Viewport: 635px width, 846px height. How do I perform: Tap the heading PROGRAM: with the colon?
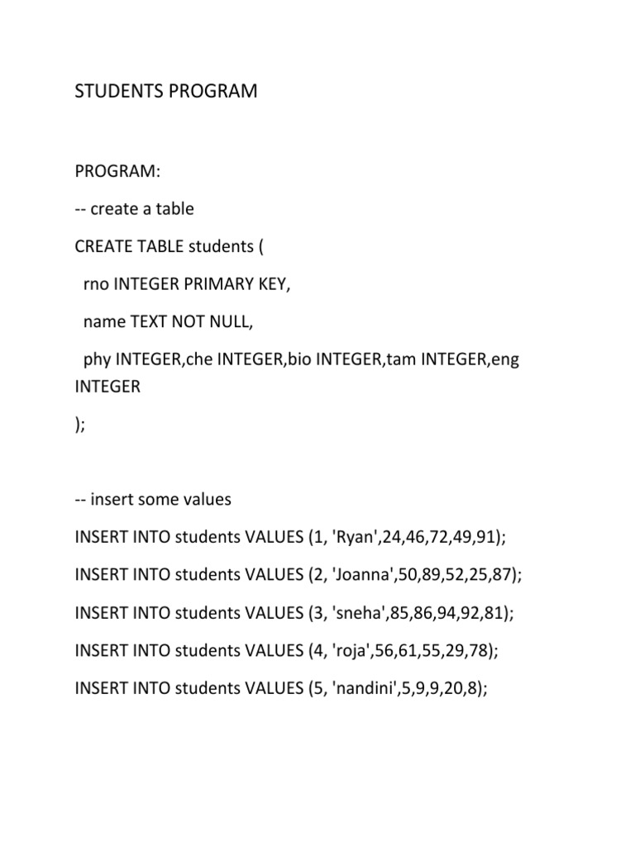[117, 171]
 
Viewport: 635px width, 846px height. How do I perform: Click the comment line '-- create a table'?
[134, 209]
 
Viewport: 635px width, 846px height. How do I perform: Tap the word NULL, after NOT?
[234, 323]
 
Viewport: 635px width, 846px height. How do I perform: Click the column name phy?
[97, 361]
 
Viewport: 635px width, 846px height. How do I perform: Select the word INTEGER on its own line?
[107, 387]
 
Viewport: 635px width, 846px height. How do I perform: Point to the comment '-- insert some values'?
[153, 500]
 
